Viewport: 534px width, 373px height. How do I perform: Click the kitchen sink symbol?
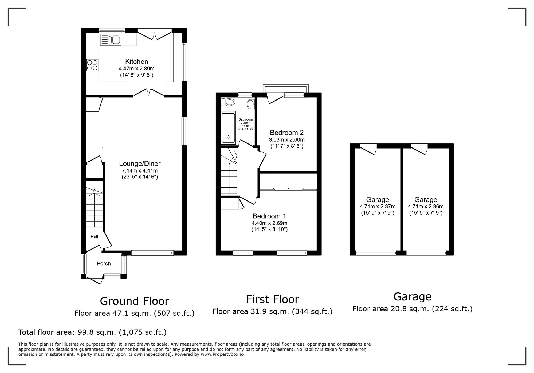[111, 39]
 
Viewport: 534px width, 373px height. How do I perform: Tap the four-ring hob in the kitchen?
[92, 65]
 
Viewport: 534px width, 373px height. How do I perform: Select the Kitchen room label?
[136, 62]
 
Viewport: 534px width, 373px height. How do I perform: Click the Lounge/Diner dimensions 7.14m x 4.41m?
[140, 171]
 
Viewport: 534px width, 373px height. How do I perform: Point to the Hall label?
[94, 237]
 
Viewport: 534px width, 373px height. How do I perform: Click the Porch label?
[104, 263]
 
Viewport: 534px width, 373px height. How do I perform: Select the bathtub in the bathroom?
[228, 128]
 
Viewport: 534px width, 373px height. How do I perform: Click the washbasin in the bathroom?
[250, 104]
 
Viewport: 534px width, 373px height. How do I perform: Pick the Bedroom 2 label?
[286, 133]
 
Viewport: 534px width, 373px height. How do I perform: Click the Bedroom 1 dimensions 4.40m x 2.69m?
[269, 223]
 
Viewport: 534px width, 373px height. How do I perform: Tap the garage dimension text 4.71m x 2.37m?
[377, 206]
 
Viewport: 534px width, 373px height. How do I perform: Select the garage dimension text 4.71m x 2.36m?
[426, 206]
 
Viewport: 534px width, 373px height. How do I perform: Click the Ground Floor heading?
[134, 301]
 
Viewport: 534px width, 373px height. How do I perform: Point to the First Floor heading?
[272, 299]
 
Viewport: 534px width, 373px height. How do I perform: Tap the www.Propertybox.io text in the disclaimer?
[222, 355]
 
